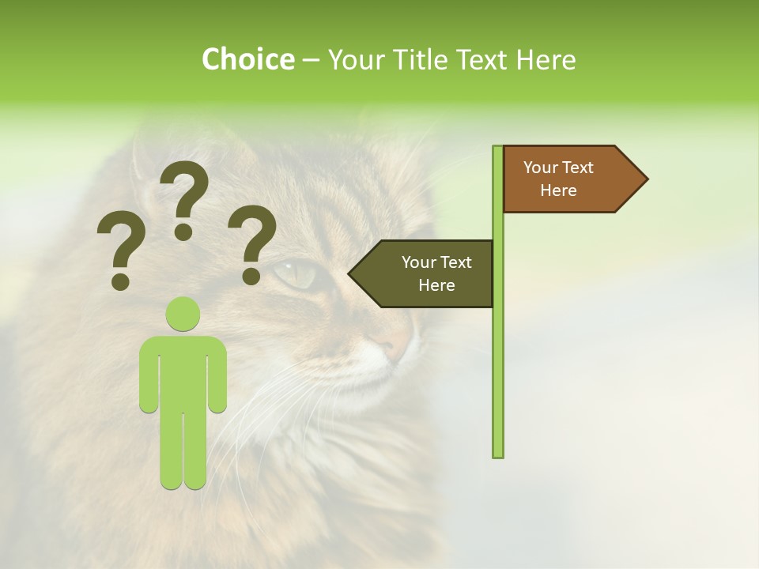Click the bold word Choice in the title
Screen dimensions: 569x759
click(247, 60)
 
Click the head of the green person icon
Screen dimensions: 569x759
click(183, 314)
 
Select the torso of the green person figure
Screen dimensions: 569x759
click(183, 371)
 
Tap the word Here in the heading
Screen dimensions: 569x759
click(546, 60)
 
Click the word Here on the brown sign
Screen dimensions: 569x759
click(558, 190)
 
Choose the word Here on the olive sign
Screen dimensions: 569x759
click(436, 285)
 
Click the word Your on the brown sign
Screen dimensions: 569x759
click(541, 168)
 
